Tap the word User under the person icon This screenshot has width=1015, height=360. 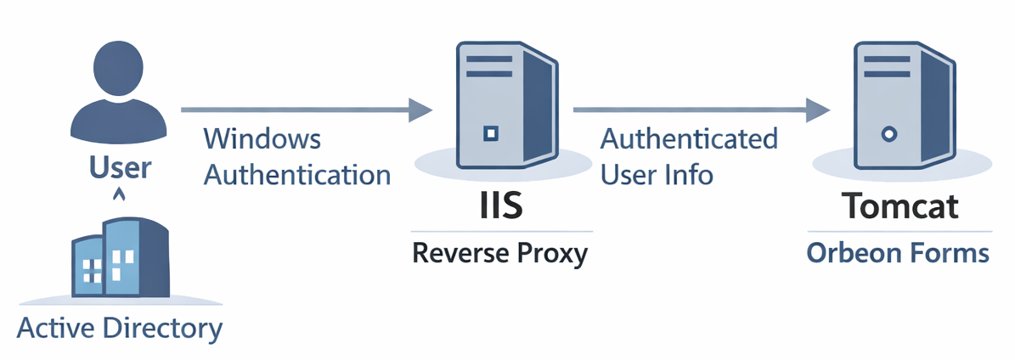pyautogui.click(x=120, y=167)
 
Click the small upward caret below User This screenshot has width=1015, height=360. pyautogui.click(x=120, y=195)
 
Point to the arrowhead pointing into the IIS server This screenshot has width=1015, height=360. pyautogui.click(x=420, y=109)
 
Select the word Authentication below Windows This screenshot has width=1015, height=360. pyautogui.click(x=297, y=175)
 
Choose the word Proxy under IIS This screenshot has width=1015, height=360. pyautogui.click(x=553, y=253)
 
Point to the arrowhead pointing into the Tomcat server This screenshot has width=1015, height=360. pyautogui.click(x=817, y=109)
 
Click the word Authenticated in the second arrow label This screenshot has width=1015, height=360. pyautogui.click(x=689, y=139)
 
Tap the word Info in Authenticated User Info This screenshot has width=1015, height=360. pyautogui.click(x=689, y=175)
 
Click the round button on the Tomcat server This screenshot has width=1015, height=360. pyautogui.click(x=888, y=133)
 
